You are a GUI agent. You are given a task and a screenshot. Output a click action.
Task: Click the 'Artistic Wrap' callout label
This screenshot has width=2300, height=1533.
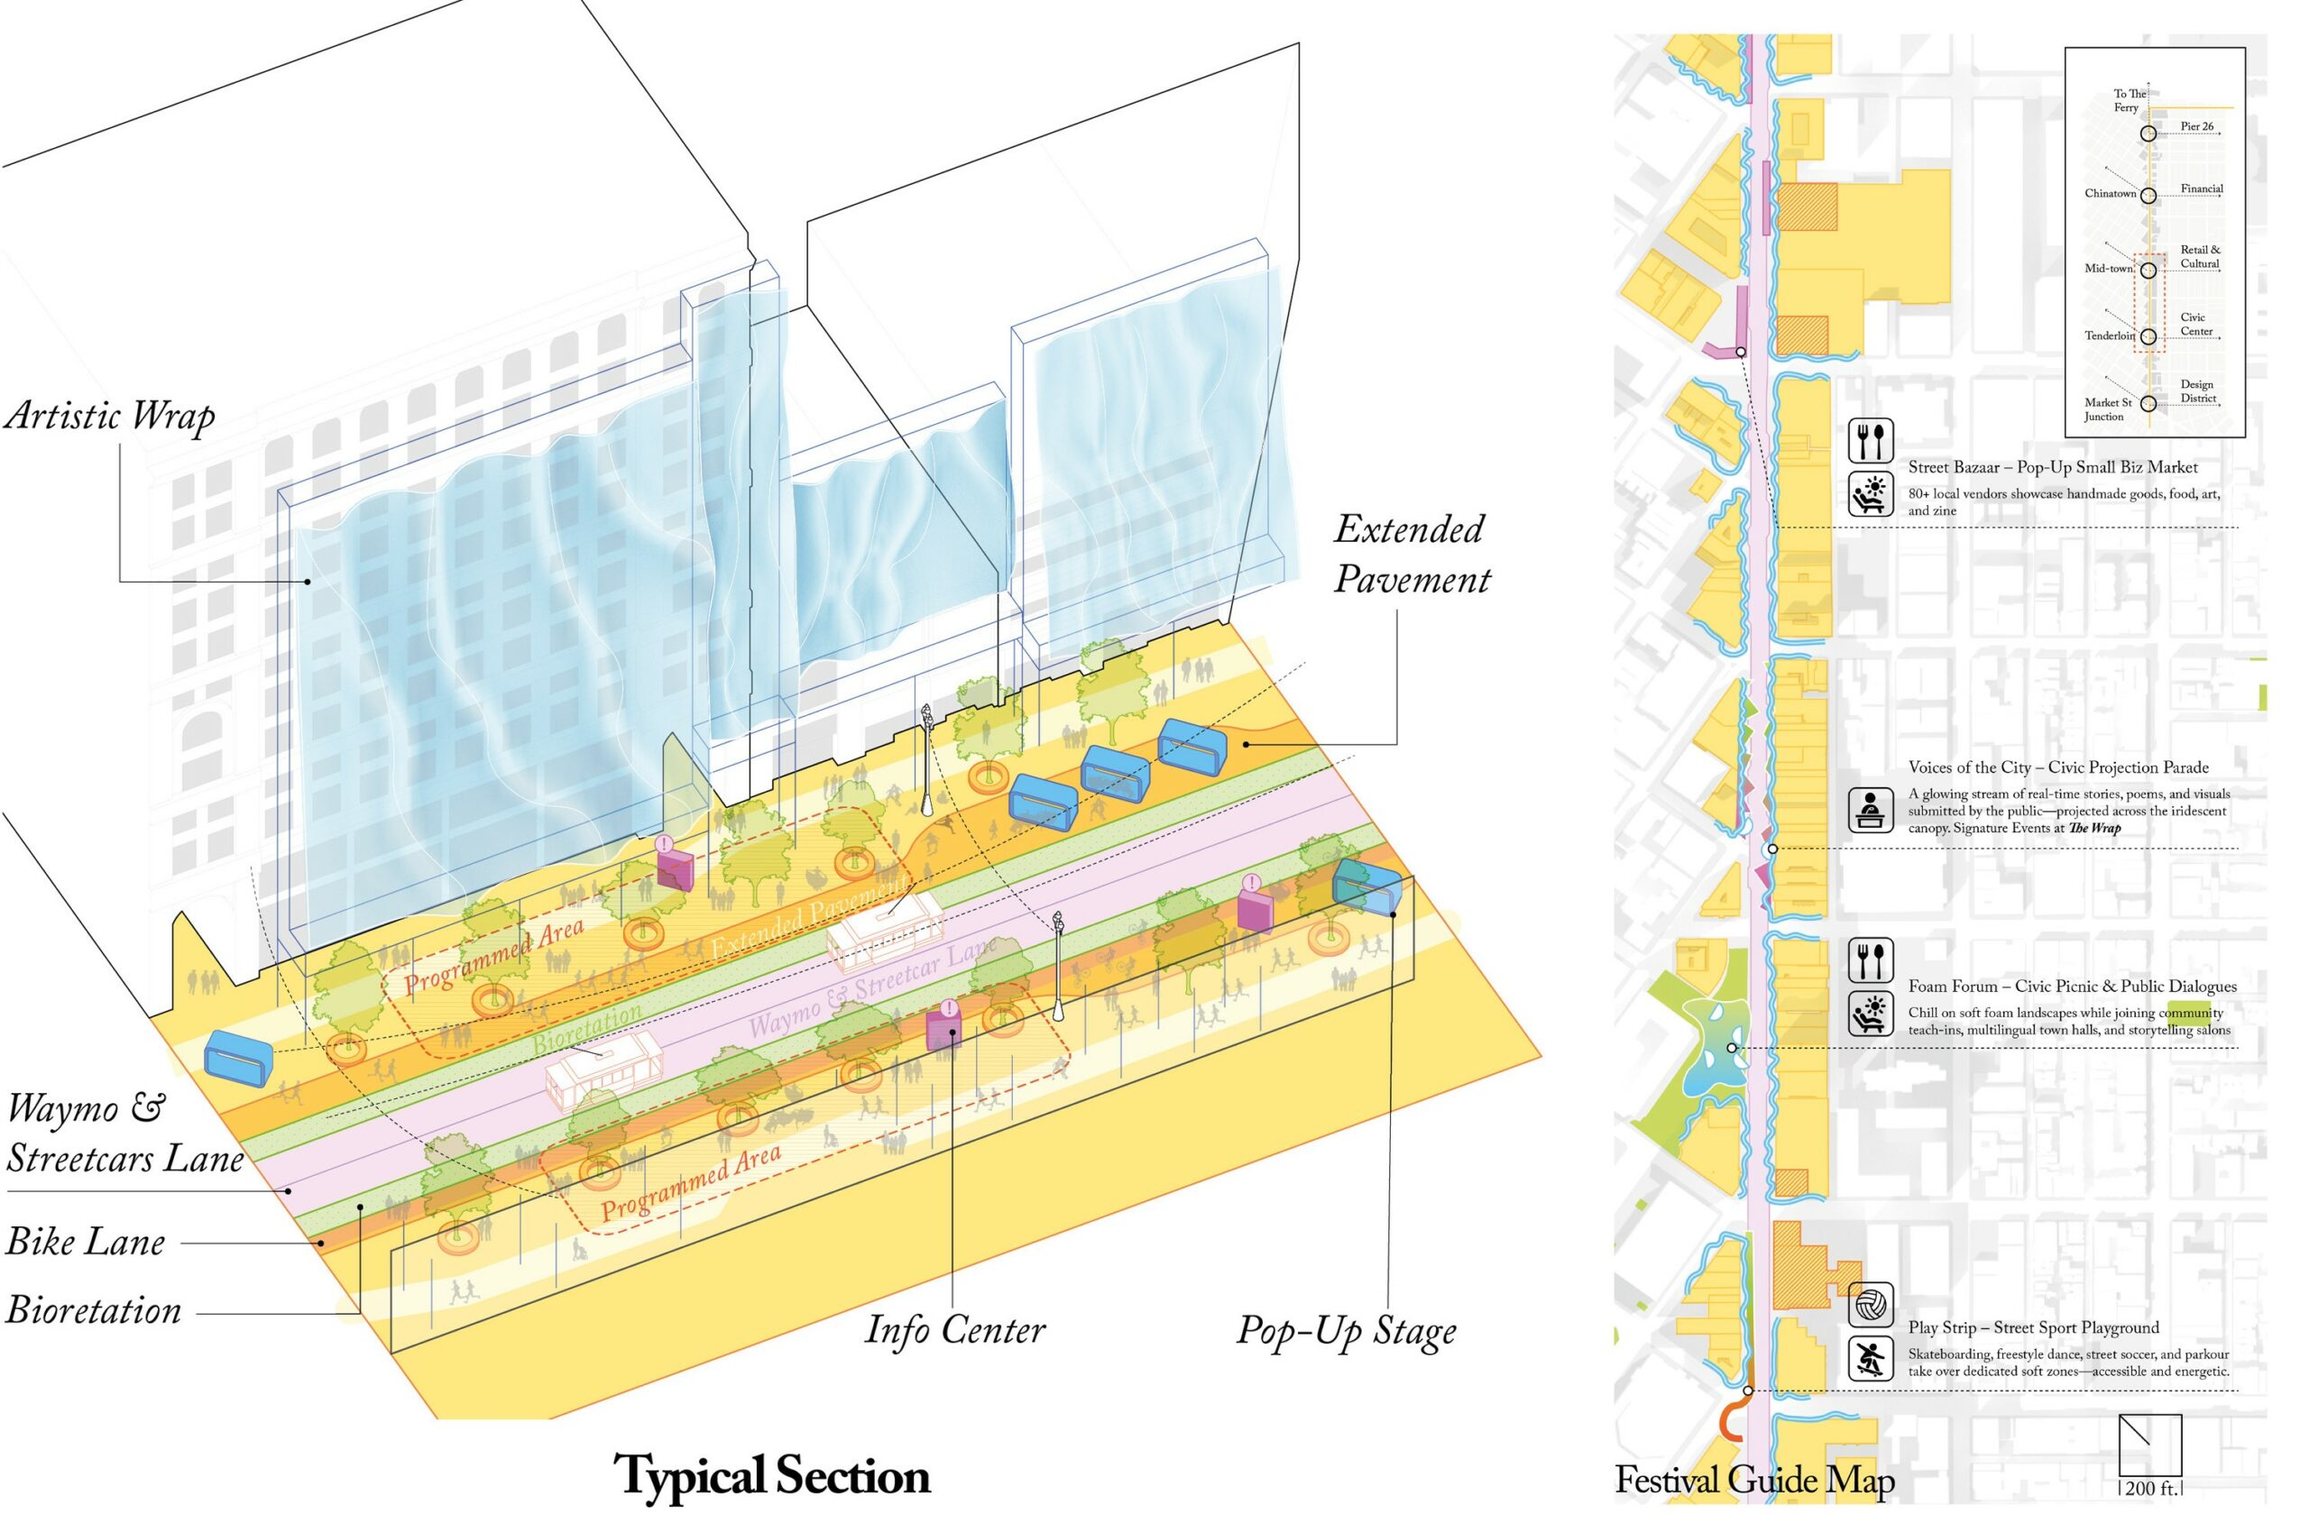tap(109, 417)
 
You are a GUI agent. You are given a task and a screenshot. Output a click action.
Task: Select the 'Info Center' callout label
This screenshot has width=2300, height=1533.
tap(954, 1329)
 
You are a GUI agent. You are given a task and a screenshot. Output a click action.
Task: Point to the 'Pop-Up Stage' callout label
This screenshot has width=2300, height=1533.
tap(1346, 1331)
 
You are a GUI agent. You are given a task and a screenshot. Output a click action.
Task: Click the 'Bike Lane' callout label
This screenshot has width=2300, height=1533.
tap(86, 1243)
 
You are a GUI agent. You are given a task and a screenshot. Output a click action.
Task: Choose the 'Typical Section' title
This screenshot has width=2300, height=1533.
tap(771, 1475)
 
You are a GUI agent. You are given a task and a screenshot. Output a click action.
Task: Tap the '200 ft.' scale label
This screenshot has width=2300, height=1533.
tap(2151, 1488)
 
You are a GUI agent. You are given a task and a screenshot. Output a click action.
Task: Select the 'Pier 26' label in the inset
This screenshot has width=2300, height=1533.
tap(2197, 127)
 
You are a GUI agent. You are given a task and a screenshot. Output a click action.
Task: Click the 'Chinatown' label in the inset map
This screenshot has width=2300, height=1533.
tap(2110, 194)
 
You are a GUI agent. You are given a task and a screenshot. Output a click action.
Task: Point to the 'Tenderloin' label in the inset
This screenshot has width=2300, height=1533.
tap(2110, 335)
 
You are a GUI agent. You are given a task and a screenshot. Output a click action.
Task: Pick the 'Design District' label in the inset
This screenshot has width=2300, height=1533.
tap(2198, 391)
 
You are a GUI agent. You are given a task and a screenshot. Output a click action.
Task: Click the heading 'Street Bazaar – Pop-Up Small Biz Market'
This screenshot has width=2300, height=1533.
tap(2053, 467)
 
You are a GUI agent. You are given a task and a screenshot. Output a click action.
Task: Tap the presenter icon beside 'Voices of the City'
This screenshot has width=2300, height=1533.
tap(1871, 810)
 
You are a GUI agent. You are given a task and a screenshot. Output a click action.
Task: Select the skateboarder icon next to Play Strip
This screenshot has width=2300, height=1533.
tap(1871, 1360)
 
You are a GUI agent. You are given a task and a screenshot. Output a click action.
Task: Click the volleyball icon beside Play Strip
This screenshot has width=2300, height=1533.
tap(1871, 1305)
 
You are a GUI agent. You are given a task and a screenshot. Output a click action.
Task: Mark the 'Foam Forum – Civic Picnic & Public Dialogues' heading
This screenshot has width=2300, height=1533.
tap(2072, 987)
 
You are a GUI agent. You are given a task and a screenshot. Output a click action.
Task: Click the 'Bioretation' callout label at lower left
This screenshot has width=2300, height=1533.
tap(94, 1311)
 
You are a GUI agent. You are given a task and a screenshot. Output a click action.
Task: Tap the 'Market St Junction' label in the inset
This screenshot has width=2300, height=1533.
tap(2107, 409)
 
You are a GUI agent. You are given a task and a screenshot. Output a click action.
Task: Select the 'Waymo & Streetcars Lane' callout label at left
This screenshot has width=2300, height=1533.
tap(124, 1134)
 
